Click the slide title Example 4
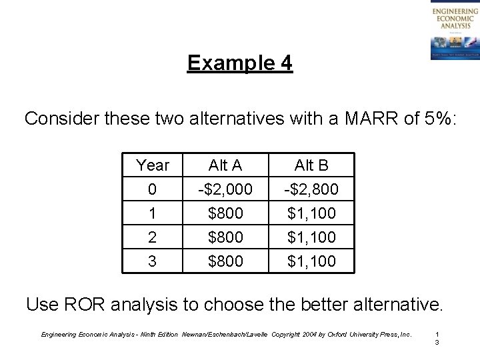(x=239, y=63)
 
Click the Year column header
(x=152, y=165)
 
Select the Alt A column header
(x=226, y=165)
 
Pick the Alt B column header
(x=312, y=165)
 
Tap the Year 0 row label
(x=152, y=190)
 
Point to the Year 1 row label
(x=152, y=213)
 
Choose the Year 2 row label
(x=152, y=237)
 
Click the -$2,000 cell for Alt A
(x=226, y=190)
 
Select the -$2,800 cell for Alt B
(x=312, y=190)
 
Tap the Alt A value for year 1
(x=226, y=213)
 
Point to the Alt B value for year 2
(x=312, y=237)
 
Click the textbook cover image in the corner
(x=453, y=31)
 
